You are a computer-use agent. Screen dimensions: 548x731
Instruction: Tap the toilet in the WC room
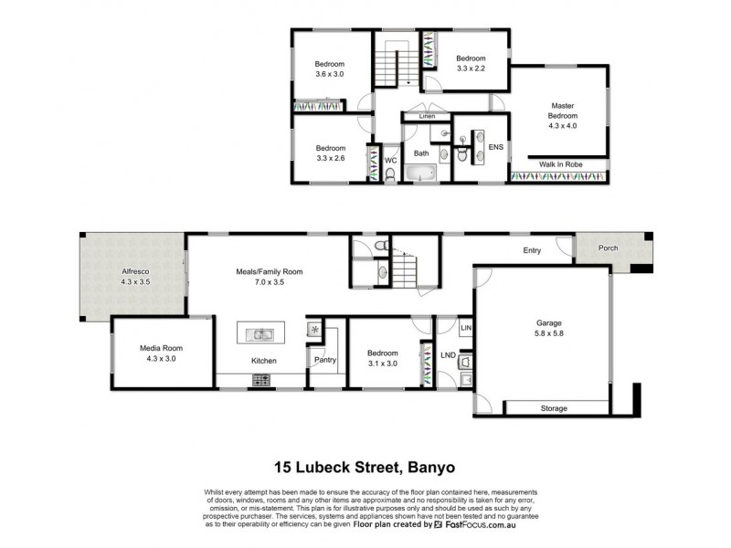[x=390, y=174]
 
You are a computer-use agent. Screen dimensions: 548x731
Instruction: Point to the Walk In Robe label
[x=560, y=163]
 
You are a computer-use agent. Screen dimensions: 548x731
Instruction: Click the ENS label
[x=496, y=147]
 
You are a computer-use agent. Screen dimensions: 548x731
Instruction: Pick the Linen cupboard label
[x=427, y=117]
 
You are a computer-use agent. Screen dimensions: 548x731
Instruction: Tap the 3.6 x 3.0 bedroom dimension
[x=330, y=74]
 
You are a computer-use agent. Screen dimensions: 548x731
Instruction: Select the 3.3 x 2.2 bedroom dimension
[x=474, y=67]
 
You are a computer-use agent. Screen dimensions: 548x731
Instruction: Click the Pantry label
[x=325, y=360]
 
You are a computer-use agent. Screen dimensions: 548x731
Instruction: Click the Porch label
[x=608, y=248]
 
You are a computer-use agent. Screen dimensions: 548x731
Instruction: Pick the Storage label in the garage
[x=553, y=407]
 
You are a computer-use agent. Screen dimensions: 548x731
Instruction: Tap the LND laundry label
[x=448, y=354]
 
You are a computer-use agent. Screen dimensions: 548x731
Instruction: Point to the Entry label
[x=532, y=250]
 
